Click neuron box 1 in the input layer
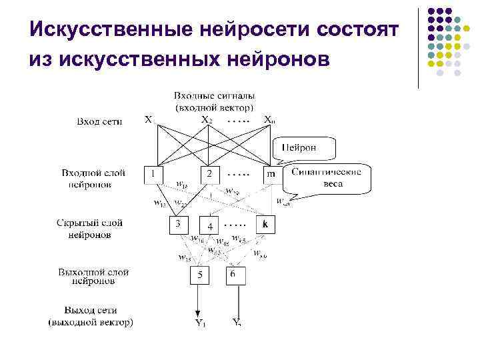tap(154, 174)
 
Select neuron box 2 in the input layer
tap(209, 174)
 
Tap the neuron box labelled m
tap(271, 174)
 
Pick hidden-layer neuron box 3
tap(178, 225)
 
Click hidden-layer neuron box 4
tap(209, 226)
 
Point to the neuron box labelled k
tap(265, 225)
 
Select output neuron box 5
tap(199, 275)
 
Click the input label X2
tap(207, 120)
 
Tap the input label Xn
tap(269, 120)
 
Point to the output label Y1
tap(200, 324)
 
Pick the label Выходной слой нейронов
tap(93, 276)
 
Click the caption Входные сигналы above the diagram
tap(214, 96)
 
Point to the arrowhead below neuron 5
tap(199, 314)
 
